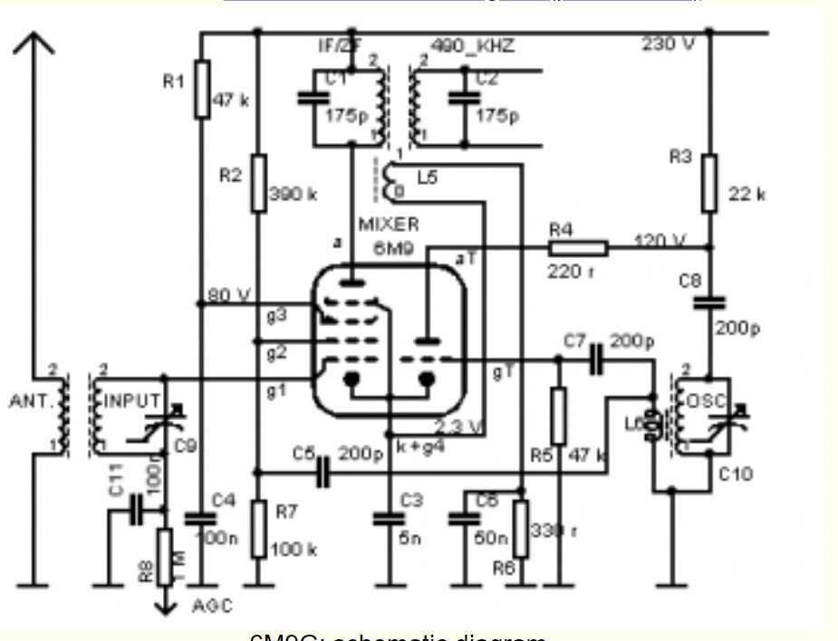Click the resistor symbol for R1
[x=201, y=89]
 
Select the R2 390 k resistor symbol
[x=258, y=182]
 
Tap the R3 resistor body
[x=709, y=181]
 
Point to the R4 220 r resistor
[x=577, y=246]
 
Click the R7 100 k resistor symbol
[x=258, y=530]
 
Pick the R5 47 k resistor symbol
[x=559, y=416]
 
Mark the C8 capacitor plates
[x=709, y=301]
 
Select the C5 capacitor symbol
[x=323, y=472]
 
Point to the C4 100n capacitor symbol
[x=200, y=518]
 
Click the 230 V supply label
[x=668, y=44]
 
